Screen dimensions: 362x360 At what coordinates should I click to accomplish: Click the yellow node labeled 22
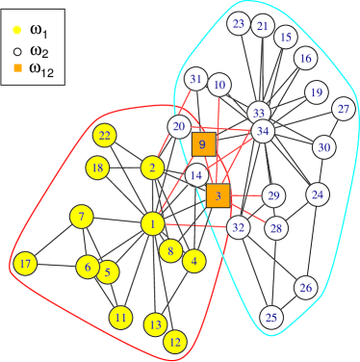point(105,136)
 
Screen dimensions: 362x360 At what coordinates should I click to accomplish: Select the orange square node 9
point(203,144)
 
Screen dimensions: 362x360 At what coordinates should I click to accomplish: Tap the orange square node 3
point(219,196)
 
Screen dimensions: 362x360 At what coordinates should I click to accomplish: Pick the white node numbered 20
point(179,126)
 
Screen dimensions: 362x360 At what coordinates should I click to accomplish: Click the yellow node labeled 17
point(25,264)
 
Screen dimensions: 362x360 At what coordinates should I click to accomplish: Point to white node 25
point(271,318)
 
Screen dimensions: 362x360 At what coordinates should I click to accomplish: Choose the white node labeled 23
point(240,24)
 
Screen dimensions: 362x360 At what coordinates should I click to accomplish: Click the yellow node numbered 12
point(174,342)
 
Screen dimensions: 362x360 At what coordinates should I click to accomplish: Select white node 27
point(344,109)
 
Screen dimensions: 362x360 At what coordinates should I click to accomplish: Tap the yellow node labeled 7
point(82,217)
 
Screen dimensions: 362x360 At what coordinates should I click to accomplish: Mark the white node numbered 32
point(239,227)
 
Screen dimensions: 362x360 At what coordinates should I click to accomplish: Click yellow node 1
point(152,224)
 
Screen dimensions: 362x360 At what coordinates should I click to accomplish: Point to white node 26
point(306,288)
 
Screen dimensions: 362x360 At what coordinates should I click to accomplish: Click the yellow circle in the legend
point(17,30)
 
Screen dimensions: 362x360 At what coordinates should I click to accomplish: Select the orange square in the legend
point(17,67)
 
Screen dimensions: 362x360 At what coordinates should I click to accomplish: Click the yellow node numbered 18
point(96,168)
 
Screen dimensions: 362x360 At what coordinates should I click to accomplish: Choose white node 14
point(196,176)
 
